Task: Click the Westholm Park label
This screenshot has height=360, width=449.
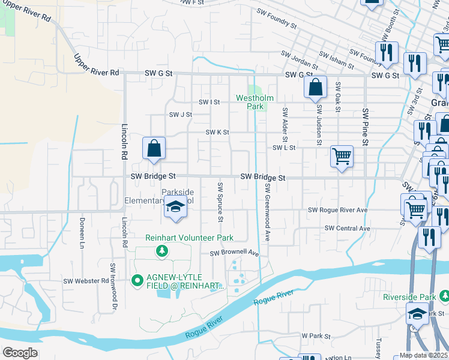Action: tap(255, 102)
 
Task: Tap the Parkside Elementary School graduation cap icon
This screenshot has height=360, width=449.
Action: tap(175, 208)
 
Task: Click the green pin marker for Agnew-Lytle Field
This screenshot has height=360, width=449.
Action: tap(136, 280)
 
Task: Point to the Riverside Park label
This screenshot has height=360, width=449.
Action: tap(409, 297)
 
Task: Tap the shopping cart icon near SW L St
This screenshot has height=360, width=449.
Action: tap(342, 157)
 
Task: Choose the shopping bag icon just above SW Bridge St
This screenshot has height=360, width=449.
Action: tap(154, 148)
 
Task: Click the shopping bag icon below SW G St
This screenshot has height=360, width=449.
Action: tap(315, 88)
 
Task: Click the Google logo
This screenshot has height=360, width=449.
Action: tap(20, 353)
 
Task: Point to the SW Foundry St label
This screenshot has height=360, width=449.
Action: tap(276, 18)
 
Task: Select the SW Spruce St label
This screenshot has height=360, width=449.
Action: tap(220, 202)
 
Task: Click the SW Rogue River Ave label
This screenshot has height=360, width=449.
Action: tap(337, 210)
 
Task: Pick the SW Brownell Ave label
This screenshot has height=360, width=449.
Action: tap(234, 254)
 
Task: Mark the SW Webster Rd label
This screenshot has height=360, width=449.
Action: tap(86, 281)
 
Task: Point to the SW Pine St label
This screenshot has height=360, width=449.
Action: tap(364, 127)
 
